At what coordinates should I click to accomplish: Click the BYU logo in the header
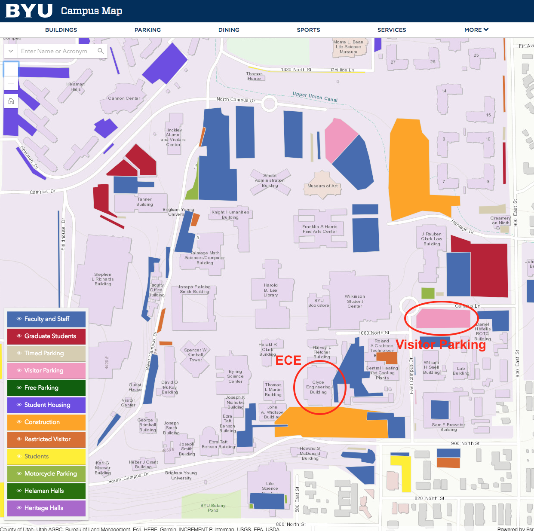click(x=29, y=11)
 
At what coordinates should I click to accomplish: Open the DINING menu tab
click(x=229, y=30)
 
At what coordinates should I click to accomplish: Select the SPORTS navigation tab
click(x=308, y=30)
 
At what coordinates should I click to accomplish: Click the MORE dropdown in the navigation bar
click(x=476, y=30)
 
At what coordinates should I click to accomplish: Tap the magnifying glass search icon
click(x=101, y=51)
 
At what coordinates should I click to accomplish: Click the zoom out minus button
click(x=11, y=83)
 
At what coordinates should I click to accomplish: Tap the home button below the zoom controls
click(x=11, y=101)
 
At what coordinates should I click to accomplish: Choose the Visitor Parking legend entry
click(x=46, y=370)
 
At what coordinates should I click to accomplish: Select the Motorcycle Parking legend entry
click(x=46, y=473)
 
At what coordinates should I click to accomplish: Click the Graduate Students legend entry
click(x=46, y=336)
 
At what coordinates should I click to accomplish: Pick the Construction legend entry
click(x=46, y=422)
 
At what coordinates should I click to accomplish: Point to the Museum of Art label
click(x=322, y=186)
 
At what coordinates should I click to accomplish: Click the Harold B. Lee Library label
click(x=270, y=290)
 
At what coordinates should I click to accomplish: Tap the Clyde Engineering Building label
click(x=318, y=387)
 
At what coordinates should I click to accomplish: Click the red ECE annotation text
click(x=288, y=360)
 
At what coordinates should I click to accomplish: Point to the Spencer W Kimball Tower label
click(x=195, y=355)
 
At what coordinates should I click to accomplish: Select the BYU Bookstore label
click(x=319, y=303)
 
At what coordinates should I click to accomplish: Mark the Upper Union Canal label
click(x=315, y=97)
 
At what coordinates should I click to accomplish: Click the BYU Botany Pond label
click(x=213, y=508)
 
